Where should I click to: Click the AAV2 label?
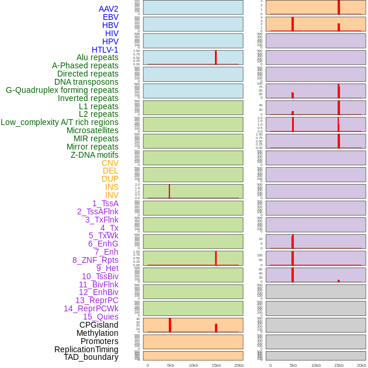pos(108,9)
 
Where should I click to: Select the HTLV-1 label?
pos(105,50)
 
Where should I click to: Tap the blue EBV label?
pos(110,17)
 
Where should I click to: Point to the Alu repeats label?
pos(97,57)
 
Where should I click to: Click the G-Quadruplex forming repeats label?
pos(62,90)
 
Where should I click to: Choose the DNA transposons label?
pos(86,82)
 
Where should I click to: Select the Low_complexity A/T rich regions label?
pos(59,122)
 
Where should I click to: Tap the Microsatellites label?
pos(92,130)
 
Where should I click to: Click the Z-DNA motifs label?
pos(94,155)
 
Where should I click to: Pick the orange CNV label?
pos(110,163)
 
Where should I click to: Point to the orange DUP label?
pos(110,179)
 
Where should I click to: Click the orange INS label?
pos(112,187)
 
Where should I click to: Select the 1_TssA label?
pos(105,203)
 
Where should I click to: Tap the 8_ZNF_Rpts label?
pos(95,260)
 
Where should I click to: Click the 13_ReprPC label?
pos(96,300)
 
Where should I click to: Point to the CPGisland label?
pos(99,325)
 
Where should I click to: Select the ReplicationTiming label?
pos(86,349)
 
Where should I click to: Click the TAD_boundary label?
pos(91,357)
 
